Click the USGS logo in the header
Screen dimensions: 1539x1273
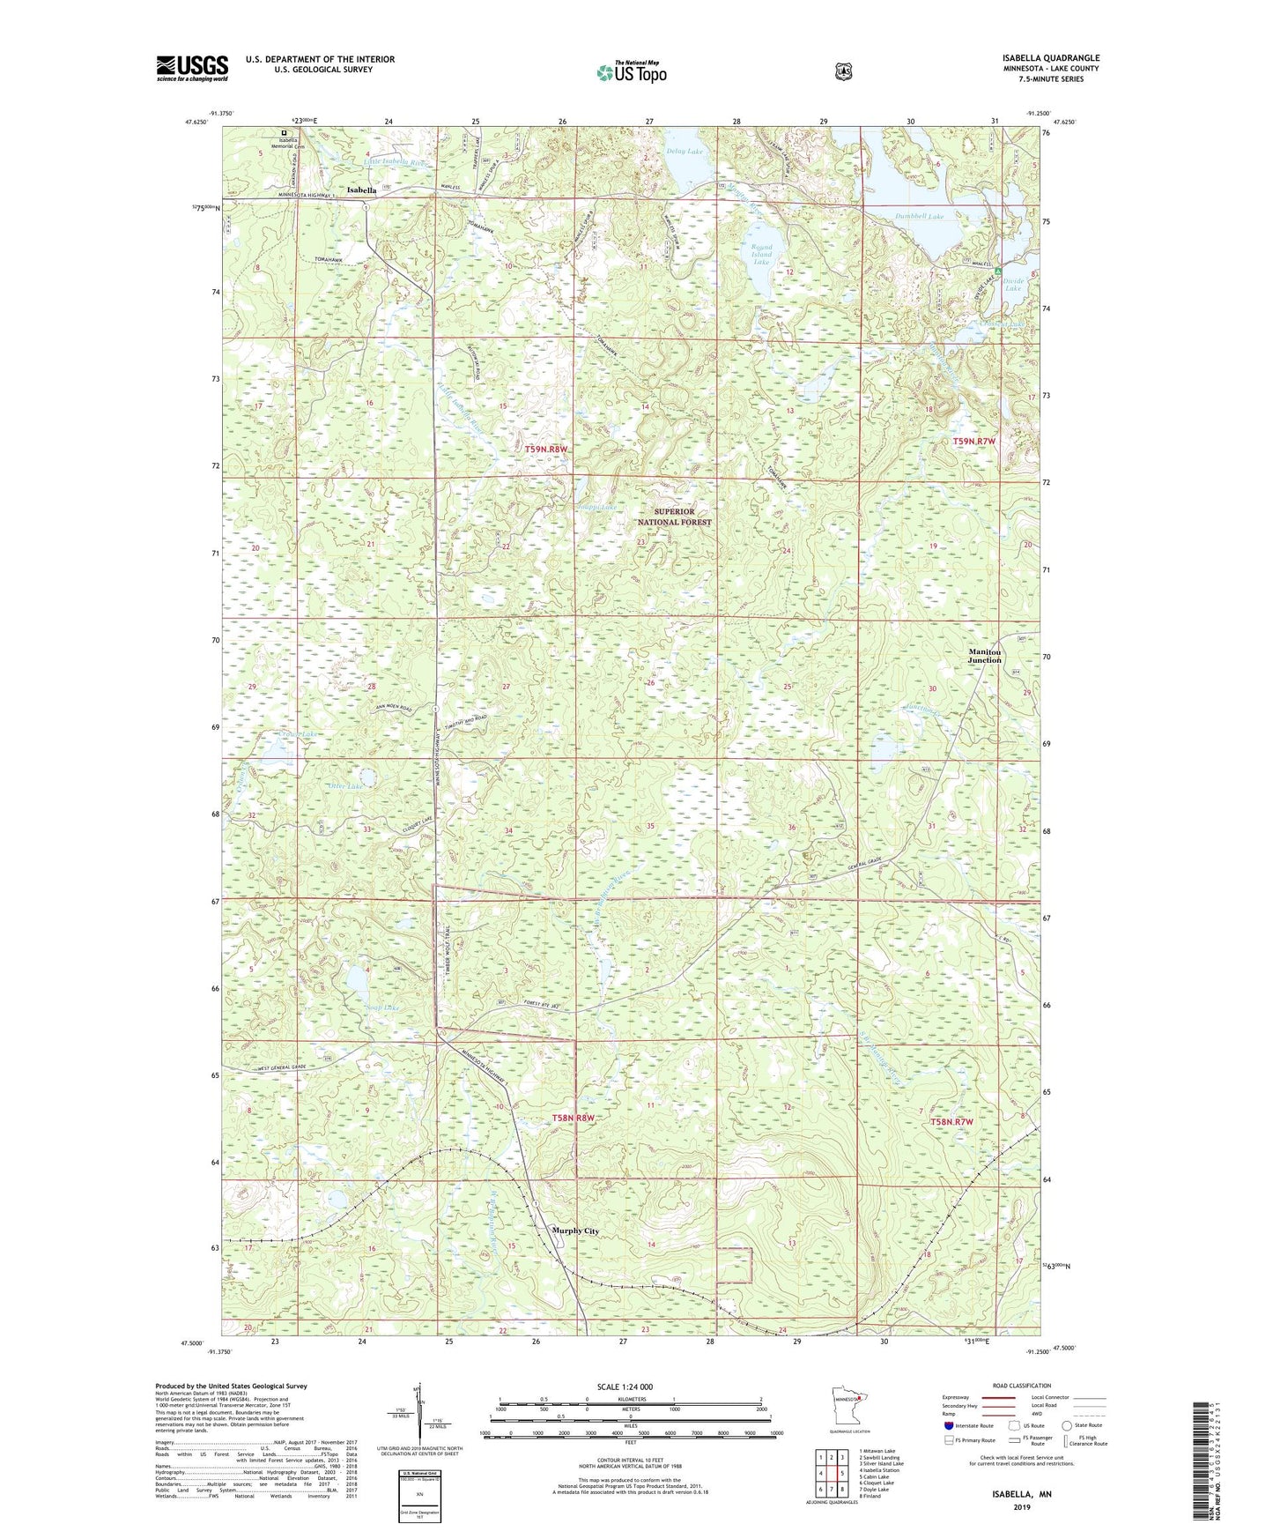point(192,68)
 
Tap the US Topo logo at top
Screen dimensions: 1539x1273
point(631,72)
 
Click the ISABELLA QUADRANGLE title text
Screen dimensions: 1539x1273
point(1050,58)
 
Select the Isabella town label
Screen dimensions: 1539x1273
point(361,190)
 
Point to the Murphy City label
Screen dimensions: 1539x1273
point(574,1231)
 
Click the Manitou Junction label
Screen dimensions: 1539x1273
point(984,656)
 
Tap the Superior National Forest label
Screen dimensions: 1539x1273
point(674,517)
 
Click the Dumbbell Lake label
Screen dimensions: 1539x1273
point(919,216)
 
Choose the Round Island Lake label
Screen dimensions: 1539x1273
point(761,255)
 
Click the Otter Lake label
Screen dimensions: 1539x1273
point(344,785)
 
